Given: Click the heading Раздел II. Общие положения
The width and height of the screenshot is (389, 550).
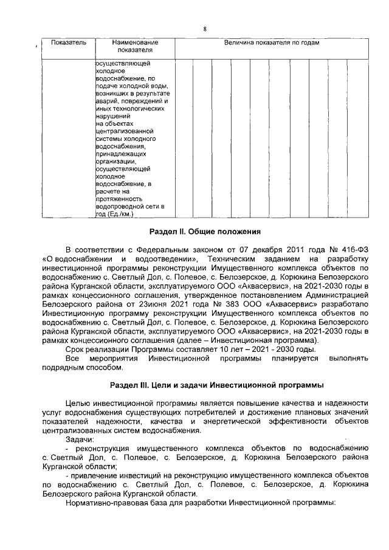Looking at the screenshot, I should pyautogui.click(x=205, y=232).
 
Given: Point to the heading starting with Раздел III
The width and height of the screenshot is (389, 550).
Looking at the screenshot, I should pyautogui.click(x=216, y=385).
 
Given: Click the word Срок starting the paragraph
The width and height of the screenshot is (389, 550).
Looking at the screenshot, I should pyautogui.click(x=75, y=349).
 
